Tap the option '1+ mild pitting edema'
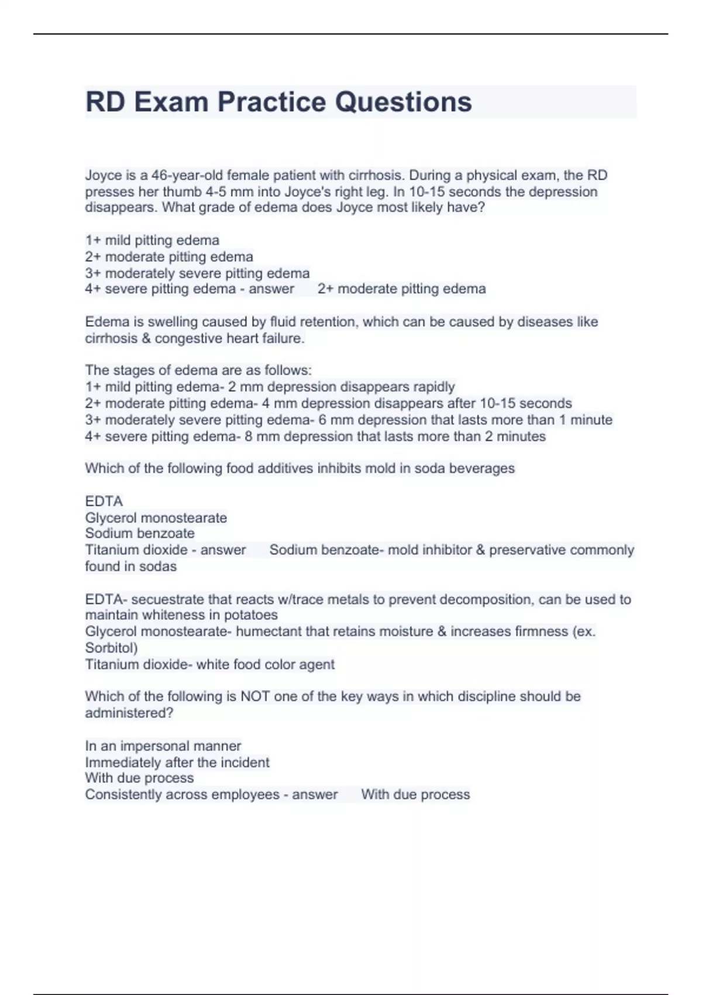152,241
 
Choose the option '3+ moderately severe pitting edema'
197,273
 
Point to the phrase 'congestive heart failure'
229,338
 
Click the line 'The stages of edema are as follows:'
198,370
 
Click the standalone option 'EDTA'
104,502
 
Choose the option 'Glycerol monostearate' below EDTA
156,518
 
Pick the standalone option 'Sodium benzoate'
140,533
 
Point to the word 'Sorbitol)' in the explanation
111,648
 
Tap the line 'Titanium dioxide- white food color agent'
209,665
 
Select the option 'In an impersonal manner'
163,746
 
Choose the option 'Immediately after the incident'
177,763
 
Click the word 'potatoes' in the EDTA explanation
249,615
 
